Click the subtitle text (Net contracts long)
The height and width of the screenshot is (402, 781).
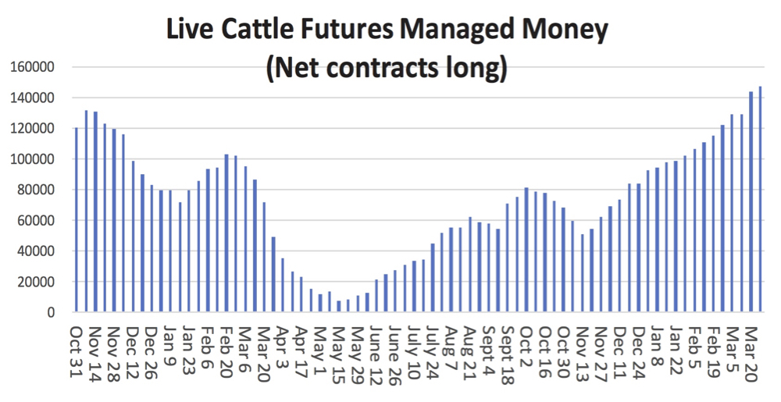[x=387, y=69]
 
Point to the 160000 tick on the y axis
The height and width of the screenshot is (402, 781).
[x=32, y=67]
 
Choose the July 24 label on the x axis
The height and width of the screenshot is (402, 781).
[x=432, y=347]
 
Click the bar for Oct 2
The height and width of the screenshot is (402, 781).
[x=526, y=250]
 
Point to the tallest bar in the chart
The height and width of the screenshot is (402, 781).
[x=760, y=199]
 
